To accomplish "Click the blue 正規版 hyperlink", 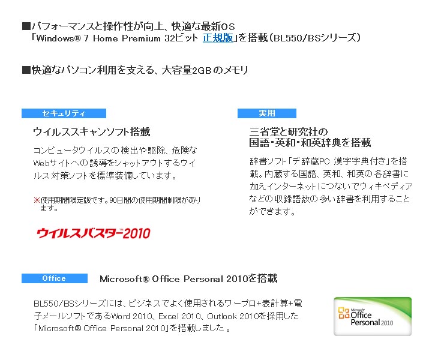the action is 218,38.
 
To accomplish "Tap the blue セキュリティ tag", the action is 64,113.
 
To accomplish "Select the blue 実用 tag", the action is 266,113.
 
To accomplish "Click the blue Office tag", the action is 54,278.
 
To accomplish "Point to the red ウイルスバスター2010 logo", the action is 94,233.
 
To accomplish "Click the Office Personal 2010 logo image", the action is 373,316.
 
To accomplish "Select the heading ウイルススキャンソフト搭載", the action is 91,131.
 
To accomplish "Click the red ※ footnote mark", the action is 37,200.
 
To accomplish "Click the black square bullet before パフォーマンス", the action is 26,26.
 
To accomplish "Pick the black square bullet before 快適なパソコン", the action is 26,70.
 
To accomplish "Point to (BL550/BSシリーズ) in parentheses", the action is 314,38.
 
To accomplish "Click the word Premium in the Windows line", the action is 141,38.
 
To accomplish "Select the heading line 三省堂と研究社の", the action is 289,132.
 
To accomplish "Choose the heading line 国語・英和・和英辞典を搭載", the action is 310,143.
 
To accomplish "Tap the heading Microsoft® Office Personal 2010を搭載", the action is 188,278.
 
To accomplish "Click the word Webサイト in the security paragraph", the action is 51,163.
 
